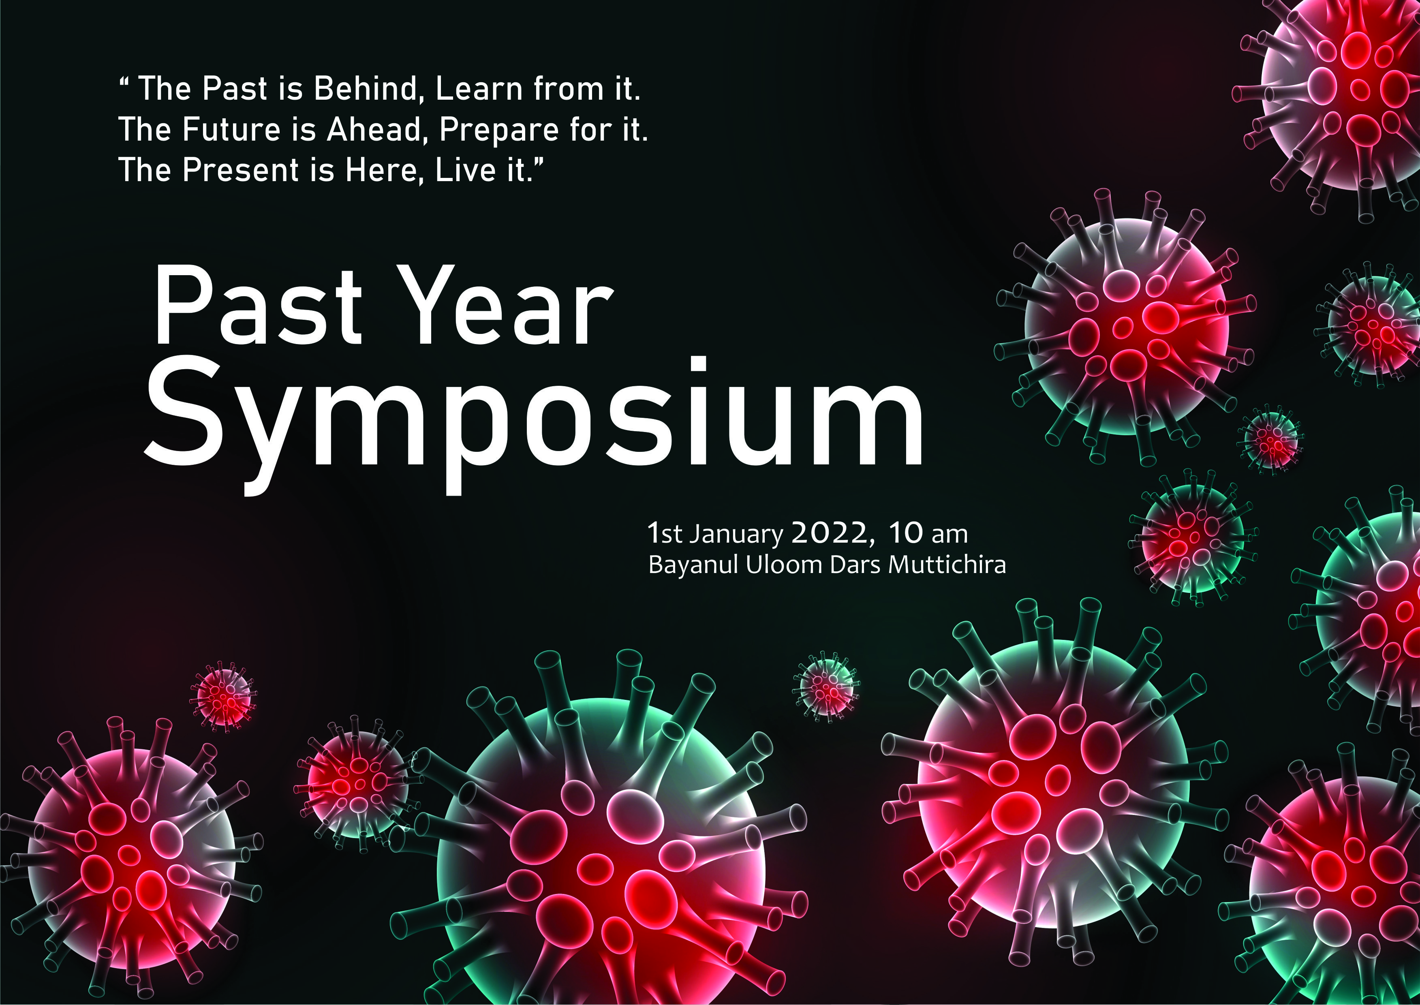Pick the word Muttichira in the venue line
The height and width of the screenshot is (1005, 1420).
947,565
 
